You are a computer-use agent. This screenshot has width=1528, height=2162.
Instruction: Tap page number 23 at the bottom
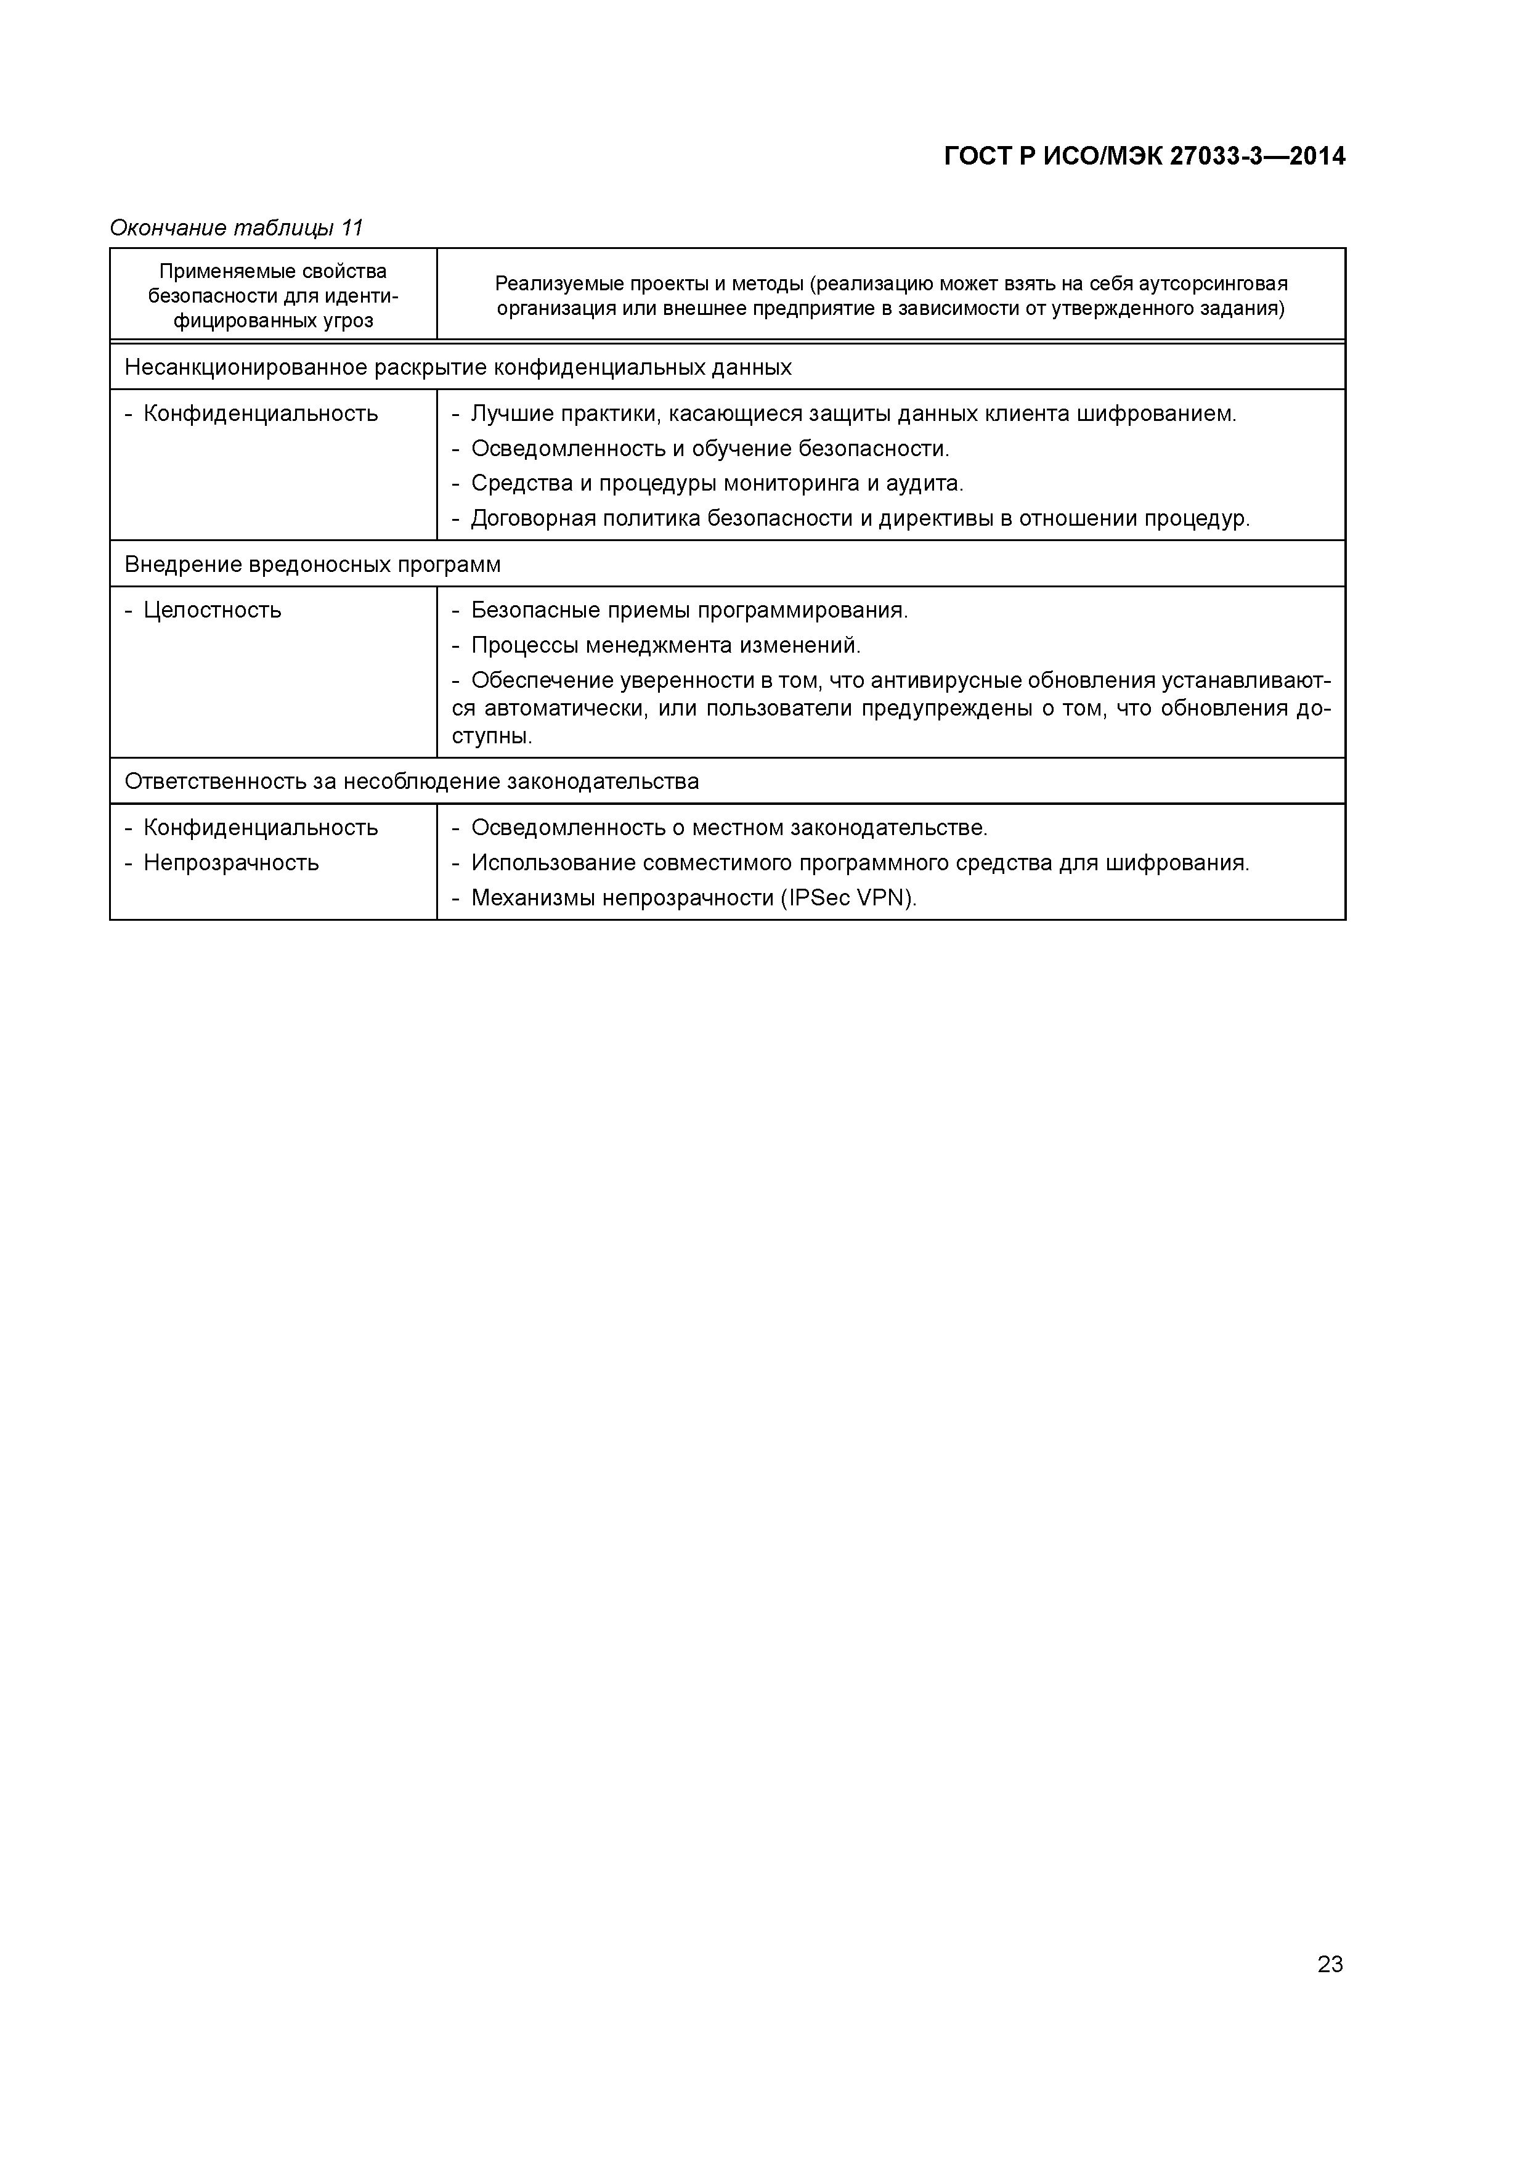coord(1330,1964)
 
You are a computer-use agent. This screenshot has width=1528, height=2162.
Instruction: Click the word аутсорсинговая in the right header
coord(1221,284)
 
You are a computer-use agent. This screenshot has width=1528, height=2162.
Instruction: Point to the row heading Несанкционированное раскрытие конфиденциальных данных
coord(458,367)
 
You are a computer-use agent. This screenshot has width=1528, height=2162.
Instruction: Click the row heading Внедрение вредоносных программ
coord(312,565)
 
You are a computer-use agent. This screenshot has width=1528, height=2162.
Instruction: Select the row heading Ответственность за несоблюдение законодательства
coord(412,781)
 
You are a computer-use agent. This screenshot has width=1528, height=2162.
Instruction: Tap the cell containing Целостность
coord(212,610)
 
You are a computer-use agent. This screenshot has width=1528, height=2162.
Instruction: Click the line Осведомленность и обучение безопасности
coord(710,448)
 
